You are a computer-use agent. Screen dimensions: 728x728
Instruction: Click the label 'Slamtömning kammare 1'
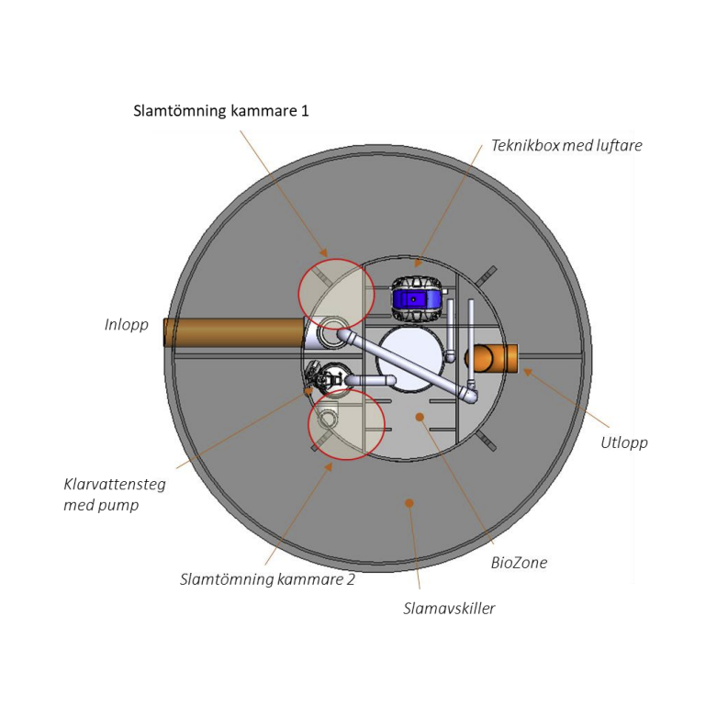221,111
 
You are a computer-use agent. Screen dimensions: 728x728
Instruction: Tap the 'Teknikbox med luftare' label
567,145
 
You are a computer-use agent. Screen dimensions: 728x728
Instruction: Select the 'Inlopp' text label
127,325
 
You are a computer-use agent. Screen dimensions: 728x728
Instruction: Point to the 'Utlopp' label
624,442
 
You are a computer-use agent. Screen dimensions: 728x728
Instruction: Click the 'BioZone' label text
519,563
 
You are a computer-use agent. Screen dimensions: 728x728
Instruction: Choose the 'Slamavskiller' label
449,609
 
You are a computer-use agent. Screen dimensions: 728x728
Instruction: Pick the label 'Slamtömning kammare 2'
267,579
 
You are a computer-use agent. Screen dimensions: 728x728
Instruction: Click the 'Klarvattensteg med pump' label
115,495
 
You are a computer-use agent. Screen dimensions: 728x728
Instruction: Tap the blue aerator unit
416,298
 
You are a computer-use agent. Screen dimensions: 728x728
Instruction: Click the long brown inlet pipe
234,332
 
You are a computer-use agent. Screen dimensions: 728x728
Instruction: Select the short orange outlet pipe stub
491,358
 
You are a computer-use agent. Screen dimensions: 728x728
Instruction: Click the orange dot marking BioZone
420,417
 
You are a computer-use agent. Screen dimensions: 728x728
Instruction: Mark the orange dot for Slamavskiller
409,503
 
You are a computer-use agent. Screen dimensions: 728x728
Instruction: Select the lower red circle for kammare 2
347,424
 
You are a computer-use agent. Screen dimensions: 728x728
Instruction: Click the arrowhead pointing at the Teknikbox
418,263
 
